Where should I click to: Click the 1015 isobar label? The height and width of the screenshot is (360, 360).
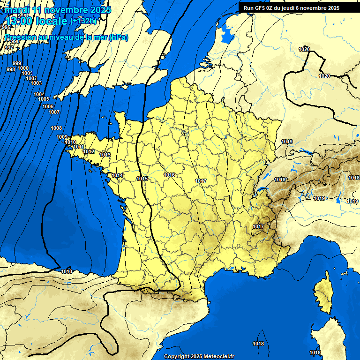[x=142, y=179]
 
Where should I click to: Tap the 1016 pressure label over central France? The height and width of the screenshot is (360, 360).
[x=169, y=175]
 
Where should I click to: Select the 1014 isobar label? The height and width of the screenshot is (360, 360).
[x=117, y=176]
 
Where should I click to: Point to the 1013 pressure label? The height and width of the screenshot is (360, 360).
[x=105, y=155]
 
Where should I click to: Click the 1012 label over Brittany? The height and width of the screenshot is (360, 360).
[x=89, y=152]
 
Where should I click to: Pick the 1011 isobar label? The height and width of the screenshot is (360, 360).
[x=79, y=147]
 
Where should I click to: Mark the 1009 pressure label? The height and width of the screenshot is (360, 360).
[x=62, y=137]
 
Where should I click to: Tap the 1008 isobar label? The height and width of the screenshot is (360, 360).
[x=56, y=128]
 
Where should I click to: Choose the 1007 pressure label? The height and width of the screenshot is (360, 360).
[x=54, y=112]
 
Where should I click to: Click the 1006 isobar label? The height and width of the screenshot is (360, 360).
[x=48, y=107]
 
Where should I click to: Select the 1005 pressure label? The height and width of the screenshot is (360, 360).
[x=44, y=99]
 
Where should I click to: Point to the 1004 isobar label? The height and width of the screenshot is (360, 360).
[x=39, y=94]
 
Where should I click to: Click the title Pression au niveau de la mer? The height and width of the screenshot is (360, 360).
[x=66, y=37]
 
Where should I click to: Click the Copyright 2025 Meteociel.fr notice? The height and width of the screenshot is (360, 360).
[x=199, y=356]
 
